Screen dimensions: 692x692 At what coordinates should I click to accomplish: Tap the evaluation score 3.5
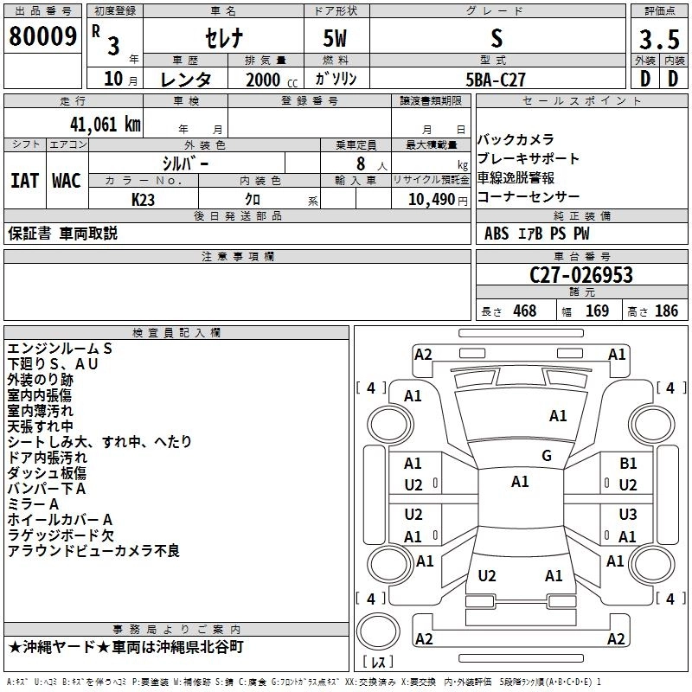point(657,39)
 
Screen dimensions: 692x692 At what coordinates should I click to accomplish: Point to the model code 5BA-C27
point(496,79)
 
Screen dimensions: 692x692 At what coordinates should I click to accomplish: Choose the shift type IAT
point(24,180)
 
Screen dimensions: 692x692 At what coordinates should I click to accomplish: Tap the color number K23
point(144,200)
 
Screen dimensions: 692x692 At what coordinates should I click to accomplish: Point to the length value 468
point(524,311)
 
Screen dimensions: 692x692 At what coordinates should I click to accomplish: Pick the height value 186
point(666,311)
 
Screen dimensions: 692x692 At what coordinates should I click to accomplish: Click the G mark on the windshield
point(547,456)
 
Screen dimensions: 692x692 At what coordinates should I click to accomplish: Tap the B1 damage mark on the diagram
point(628,464)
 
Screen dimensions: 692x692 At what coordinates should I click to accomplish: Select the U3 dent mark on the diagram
point(628,515)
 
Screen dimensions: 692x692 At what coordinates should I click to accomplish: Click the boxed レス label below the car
point(378,663)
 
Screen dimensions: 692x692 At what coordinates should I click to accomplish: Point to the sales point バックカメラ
point(516,139)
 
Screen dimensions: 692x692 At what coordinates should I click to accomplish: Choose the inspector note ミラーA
point(33,503)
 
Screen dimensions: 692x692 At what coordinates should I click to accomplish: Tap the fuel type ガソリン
point(336,79)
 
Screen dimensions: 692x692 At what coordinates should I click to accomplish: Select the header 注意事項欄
point(237,257)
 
